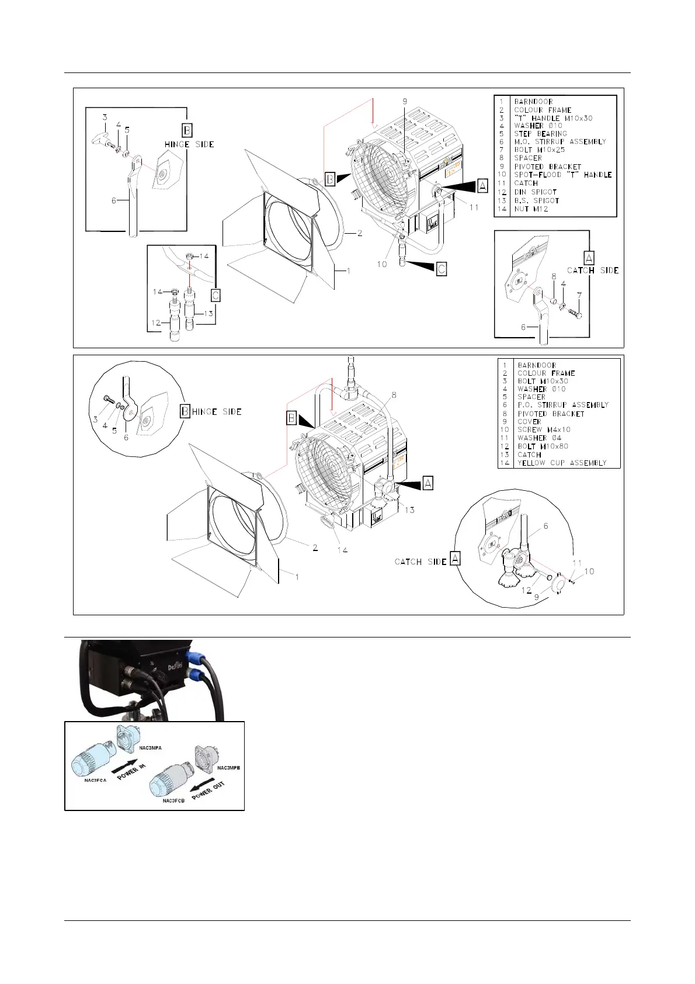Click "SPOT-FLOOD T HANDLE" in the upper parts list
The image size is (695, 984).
(x=562, y=175)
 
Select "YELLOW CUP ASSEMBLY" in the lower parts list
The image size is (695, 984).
(x=562, y=463)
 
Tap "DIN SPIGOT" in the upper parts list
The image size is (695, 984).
(x=535, y=192)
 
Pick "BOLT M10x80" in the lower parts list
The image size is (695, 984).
(x=543, y=446)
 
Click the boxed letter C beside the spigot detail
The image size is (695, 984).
(x=216, y=296)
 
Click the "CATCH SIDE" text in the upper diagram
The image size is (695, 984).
(x=593, y=271)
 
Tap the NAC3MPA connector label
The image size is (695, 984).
(x=150, y=747)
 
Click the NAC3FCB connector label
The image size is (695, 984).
(x=173, y=801)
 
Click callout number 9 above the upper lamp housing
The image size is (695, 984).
(x=405, y=102)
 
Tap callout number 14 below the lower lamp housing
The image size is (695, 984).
(x=342, y=550)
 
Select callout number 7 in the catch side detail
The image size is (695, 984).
(x=579, y=296)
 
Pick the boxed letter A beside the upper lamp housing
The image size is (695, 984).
(x=482, y=186)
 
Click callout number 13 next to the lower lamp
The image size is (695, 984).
(x=409, y=510)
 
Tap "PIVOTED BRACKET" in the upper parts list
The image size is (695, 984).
(x=547, y=167)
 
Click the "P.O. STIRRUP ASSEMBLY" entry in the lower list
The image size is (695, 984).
(x=563, y=405)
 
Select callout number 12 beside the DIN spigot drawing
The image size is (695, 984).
(x=155, y=323)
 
